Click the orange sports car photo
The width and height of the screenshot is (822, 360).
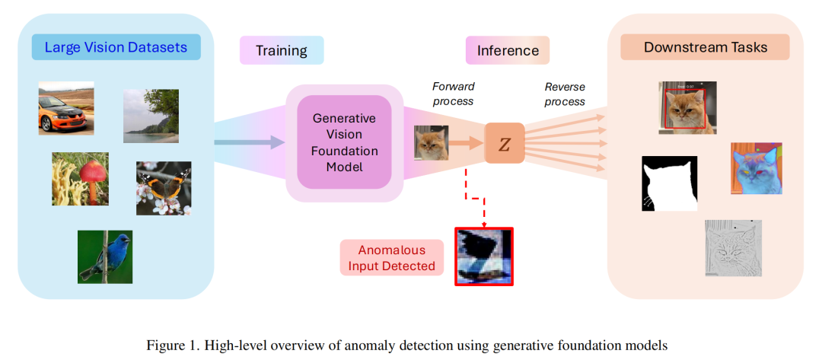pos(66,108)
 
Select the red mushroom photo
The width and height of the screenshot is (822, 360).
pos(80,179)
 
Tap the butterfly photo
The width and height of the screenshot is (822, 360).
pos(164,187)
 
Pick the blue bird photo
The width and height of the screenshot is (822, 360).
pos(105,256)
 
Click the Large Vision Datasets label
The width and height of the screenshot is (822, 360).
pos(116,48)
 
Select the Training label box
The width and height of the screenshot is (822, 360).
pos(281,51)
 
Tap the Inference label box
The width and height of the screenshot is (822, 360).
pos(507,51)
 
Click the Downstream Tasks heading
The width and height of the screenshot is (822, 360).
pos(705,47)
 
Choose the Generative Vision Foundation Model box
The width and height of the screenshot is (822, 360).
pos(344,143)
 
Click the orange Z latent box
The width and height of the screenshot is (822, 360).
pos(504,143)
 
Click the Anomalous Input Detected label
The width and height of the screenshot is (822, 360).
pos(391,258)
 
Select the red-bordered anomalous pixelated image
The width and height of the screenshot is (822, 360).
pos(484,256)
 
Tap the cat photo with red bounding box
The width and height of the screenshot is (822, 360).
pos(687,108)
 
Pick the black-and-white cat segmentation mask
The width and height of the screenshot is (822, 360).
pos(669,183)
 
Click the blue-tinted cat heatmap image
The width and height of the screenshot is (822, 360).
pos(756,168)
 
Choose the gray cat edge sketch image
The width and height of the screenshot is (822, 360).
pos(731,247)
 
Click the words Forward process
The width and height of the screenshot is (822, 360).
pos(453,94)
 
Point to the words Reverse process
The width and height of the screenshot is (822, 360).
pos(565,94)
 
